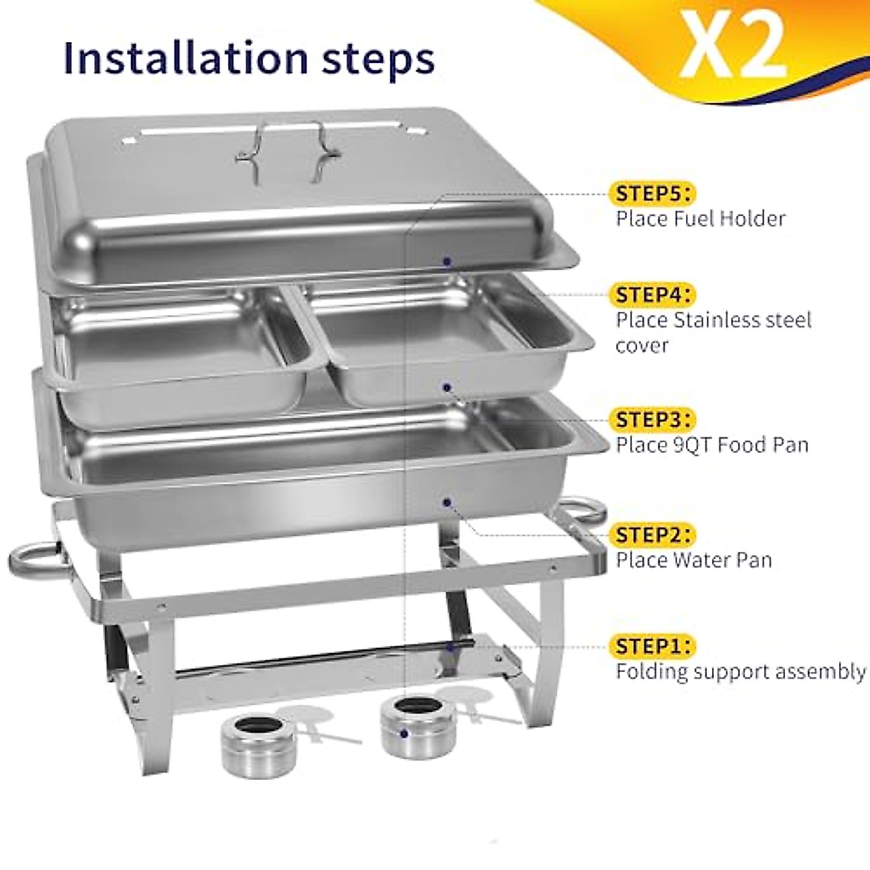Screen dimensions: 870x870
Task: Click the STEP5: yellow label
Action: coord(652,194)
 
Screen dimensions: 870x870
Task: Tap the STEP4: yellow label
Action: coord(652,295)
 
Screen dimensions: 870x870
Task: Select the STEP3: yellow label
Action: coord(652,420)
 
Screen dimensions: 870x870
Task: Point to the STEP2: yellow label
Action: coord(652,535)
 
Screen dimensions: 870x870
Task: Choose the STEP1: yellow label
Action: coord(652,645)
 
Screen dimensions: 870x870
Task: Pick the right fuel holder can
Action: coord(408,727)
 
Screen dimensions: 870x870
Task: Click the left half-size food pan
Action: coord(181,348)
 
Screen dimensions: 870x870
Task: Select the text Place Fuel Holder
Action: coord(700,218)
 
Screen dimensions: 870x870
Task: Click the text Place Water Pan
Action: coord(694,560)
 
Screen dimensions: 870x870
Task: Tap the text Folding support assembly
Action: coord(740,671)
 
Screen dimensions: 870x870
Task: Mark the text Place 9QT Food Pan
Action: coord(712,444)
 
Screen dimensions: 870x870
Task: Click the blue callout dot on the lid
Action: coord(447,260)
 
